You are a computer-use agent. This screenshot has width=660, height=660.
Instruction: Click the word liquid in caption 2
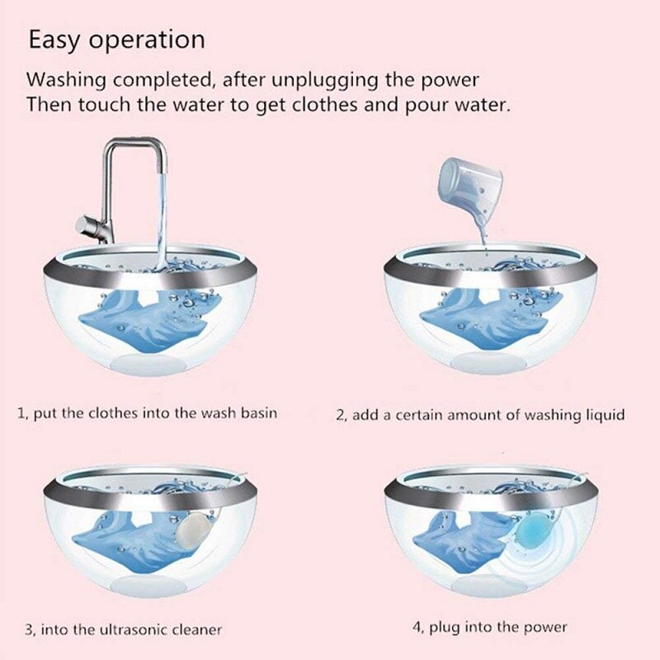click(x=605, y=414)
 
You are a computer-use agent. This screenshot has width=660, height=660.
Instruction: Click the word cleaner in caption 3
click(x=196, y=629)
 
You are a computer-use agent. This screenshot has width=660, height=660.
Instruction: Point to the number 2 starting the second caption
click(x=339, y=414)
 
